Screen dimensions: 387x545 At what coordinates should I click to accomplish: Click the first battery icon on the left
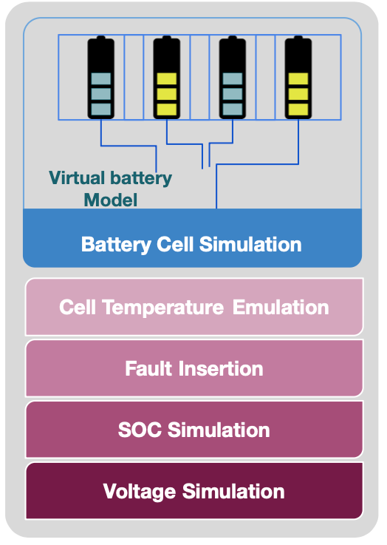(x=100, y=77)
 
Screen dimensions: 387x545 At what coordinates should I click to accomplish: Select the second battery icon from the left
(x=167, y=77)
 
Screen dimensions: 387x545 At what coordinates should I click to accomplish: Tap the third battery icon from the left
(x=233, y=77)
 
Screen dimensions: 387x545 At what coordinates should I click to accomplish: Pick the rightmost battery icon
(x=298, y=77)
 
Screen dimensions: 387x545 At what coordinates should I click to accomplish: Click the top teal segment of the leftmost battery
(x=101, y=79)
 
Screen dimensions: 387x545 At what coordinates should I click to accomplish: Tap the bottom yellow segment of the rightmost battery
(x=298, y=109)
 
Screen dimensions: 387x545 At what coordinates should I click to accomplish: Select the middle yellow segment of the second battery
(x=167, y=94)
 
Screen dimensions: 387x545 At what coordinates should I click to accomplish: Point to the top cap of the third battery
(x=233, y=37)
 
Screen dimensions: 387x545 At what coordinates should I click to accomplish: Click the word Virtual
(x=77, y=177)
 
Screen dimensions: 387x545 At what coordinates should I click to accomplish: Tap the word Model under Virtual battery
(x=111, y=200)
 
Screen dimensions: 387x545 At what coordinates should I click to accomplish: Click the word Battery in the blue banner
(x=116, y=244)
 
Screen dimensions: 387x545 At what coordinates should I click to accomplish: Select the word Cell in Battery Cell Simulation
(x=175, y=244)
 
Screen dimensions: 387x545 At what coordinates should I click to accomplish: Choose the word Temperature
(x=163, y=308)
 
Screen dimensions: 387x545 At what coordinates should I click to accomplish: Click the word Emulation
(x=281, y=308)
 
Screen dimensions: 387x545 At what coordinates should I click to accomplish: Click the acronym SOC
(x=140, y=430)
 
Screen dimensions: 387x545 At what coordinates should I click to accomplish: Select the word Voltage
(x=140, y=492)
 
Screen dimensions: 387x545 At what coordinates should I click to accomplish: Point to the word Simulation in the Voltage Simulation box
(x=233, y=491)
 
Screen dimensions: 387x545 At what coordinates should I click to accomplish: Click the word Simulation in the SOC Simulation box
(x=219, y=430)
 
